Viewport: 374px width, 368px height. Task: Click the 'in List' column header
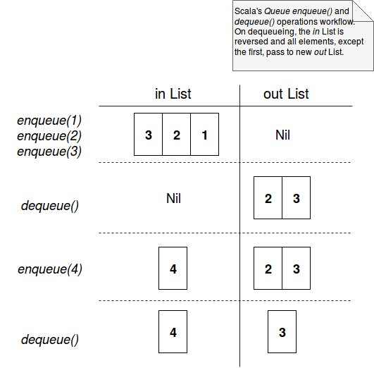click(173, 94)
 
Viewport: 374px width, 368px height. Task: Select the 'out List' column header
click(286, 94)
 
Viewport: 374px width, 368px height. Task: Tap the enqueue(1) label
click(49, 121)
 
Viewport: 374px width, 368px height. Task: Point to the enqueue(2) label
click(49, 136)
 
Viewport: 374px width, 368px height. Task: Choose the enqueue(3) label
click(49, 152)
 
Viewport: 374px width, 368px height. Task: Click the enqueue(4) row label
click(50, 269)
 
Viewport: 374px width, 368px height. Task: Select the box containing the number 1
click(205, 134)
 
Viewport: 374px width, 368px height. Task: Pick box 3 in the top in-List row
click(148, 134)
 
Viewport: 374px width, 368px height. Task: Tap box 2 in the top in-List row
click(177, 134)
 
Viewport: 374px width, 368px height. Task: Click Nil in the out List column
click(282, 135)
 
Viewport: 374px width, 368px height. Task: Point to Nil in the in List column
click(173, 198)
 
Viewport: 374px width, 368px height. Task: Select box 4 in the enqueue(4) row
click(173, 268)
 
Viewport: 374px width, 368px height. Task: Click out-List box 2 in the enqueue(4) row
click(268, 268)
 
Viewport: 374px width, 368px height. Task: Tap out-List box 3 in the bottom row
click(282, 332)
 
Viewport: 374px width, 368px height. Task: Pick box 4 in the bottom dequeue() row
click(173, 332)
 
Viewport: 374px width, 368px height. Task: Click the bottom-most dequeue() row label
click(50, 340)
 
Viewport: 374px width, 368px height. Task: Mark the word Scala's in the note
click(248, 11)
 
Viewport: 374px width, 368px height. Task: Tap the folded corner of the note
click(363, 11)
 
